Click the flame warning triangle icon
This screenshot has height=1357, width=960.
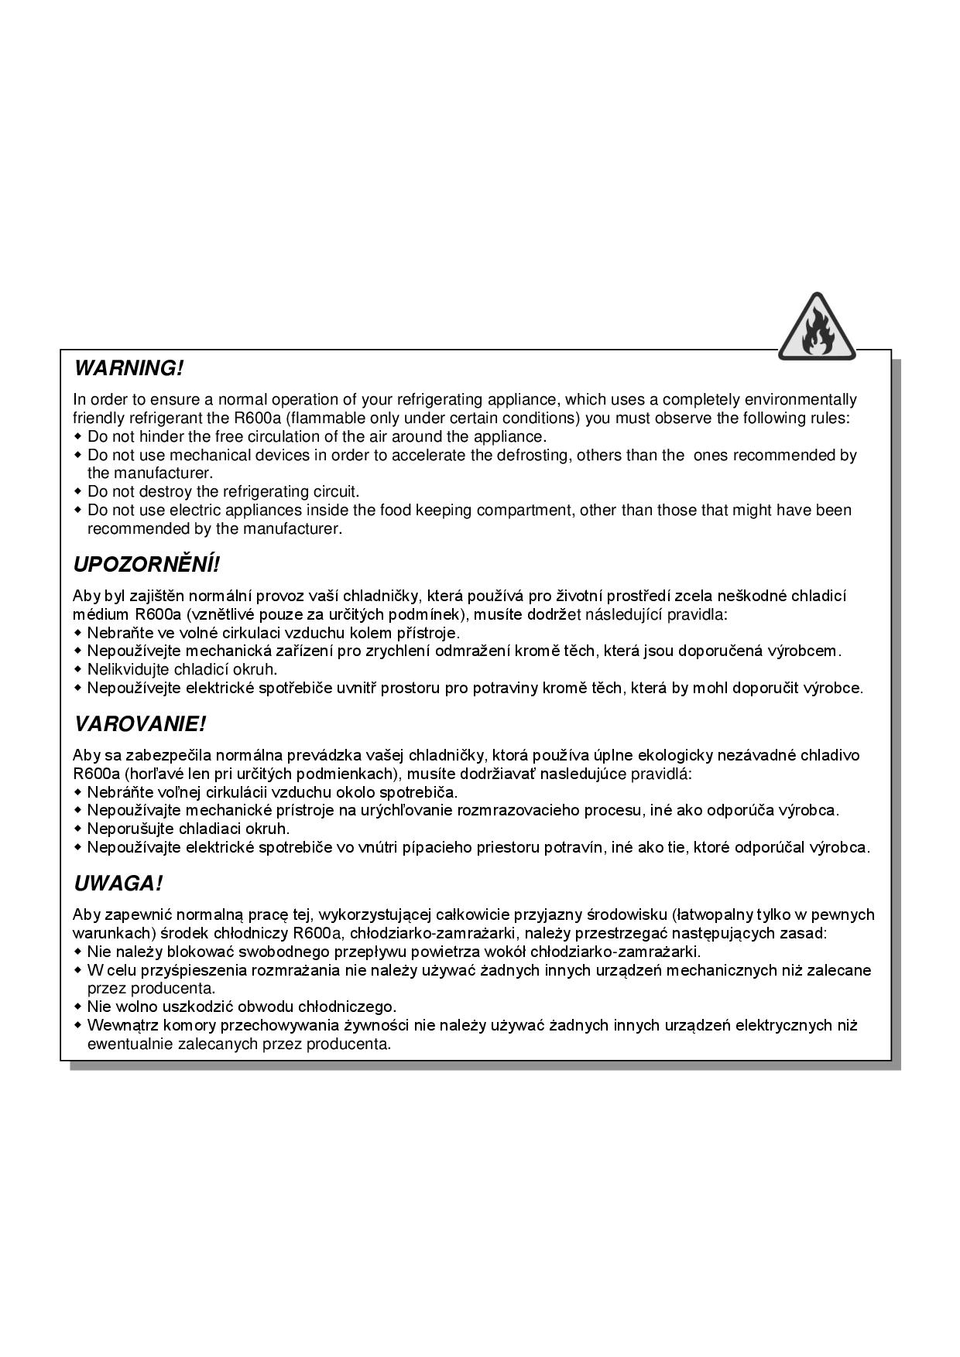[x=817, y=328]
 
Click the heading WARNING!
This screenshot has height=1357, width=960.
[x=129, y=368]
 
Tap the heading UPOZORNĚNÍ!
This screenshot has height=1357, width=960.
[x=146, y=565]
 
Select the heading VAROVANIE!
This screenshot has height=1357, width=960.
[x=140, y=725]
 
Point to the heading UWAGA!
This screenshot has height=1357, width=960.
[x=118, y=884]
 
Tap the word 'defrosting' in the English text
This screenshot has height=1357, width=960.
[x=533, y=455]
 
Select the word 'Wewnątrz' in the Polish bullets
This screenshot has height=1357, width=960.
[x=120, y=1026]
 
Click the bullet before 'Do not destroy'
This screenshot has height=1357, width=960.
[x=77, y=492]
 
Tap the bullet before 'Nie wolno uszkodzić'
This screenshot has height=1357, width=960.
[x=77, y=1007]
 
